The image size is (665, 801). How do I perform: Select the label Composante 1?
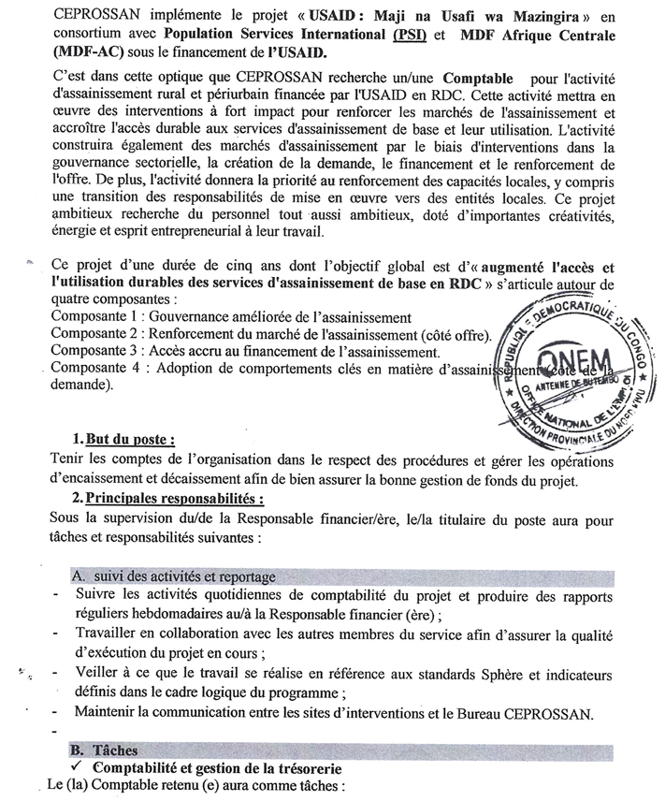tap(94, 318)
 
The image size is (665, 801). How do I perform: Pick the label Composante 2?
tap(94, 335)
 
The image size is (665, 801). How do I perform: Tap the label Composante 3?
tap(94, 352)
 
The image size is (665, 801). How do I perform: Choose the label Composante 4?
tap(94, 368)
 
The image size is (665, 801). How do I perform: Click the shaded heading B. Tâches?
tap(102, 750)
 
